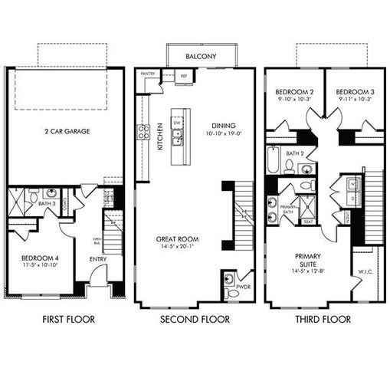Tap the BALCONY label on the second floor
tap(201, 57)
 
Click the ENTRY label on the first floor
tap(98, 259)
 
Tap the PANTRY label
tap(148, 74)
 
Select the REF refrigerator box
tap(183, 77)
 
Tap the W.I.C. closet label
tap(365, 270)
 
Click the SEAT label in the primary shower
tap(307, 222)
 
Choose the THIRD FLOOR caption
tap(324, 319)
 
